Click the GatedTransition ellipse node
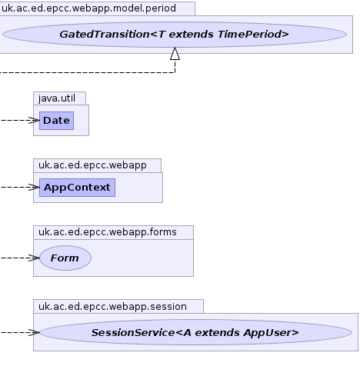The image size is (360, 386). pyautogui.click(x=175, y=35)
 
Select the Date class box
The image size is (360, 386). pyautogui.click(x=56, y=121)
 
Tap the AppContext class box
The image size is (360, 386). pyautogui.click(x=77, y=188)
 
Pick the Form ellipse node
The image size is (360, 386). pyautogui.click(x=65, y=258)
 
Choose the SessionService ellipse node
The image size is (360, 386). pyautogui.click(x=196, y=332)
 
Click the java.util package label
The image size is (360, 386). pyautogui.click(x=57, y=98)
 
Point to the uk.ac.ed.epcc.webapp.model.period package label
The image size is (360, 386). pyautogui.click(x=88, y=8)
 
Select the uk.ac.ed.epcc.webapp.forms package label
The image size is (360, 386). pyautogui.click(x=108, y=232)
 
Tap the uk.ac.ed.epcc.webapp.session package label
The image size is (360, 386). pyautogui.click(x=112, y=307)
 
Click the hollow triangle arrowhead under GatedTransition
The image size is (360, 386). pyautogui.click(x=175, y=54)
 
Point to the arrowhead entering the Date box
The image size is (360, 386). pyautogui.click(x=34, y=121)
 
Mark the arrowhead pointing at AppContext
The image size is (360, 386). pyautogui.click(x=34, y=188)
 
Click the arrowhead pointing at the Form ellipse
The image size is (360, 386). pyautogui.click(x=34, y=258)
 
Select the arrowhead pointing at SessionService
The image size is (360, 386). pyautogui.click(x=34, y=332)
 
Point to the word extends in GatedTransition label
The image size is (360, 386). pyautogui.click(x=191, y=35)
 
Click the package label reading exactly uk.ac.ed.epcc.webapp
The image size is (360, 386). pyautogui.click(x=92, y=165)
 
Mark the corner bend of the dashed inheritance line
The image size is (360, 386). pyautogui.click(x=175, y=72)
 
